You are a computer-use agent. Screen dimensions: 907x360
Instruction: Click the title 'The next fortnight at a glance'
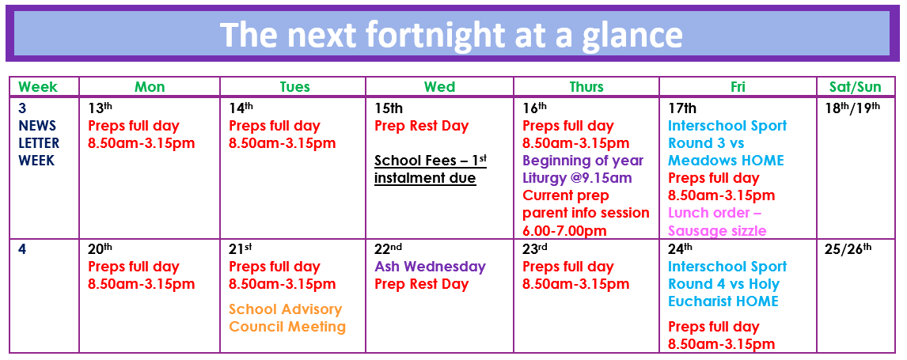(x=452, y=34)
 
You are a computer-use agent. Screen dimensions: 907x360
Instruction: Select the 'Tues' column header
(x=295, y=87)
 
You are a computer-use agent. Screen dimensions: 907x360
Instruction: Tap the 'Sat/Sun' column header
(x=855, y=87)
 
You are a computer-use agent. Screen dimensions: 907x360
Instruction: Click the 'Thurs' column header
(x=586, y=87)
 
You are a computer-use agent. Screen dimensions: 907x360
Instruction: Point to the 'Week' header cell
(x=38, y=87)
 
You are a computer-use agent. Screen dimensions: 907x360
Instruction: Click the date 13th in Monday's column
(x=100, y=108)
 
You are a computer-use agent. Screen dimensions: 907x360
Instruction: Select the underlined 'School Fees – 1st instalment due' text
(x=431, y=169)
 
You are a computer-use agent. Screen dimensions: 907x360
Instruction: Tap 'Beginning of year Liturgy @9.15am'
(x=583, y=169)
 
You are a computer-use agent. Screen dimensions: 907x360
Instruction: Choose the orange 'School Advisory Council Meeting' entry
(x=287, y=318)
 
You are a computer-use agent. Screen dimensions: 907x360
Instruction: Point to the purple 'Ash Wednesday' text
(x=431, y=267)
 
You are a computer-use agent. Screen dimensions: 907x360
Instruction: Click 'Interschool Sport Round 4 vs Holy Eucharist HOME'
(x=727, y=284)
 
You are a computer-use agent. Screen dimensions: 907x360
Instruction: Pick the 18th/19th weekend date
(x=852, y=108)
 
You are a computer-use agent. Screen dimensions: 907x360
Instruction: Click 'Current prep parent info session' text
(x=586, y=204)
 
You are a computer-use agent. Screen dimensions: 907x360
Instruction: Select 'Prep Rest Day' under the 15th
(x=422, y=126)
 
